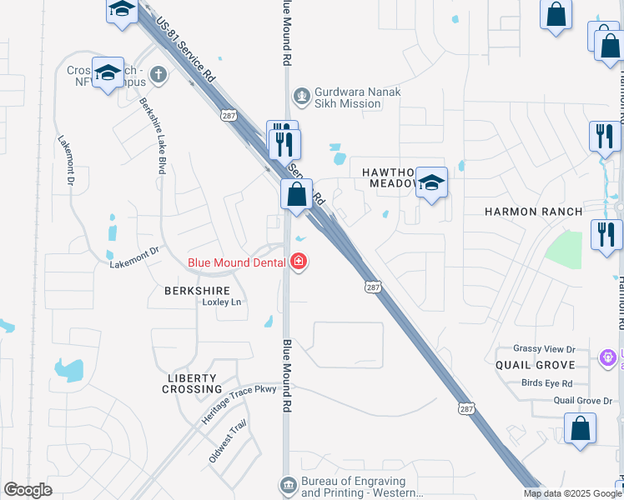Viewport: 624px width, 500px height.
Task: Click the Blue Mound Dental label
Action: coord(238,262)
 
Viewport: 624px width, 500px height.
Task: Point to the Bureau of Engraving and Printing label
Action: coord(354,487)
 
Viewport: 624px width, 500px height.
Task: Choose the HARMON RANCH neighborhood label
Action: coord(534,212)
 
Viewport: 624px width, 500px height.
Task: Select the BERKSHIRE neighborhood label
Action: coord(197,290)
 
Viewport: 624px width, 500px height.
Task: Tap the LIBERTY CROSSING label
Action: coord(193,383)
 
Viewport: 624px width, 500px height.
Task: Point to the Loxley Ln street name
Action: coord(221,302)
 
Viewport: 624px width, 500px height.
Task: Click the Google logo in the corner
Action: coord(28,490)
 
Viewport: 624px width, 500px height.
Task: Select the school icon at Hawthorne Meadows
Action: coord(431,183)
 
